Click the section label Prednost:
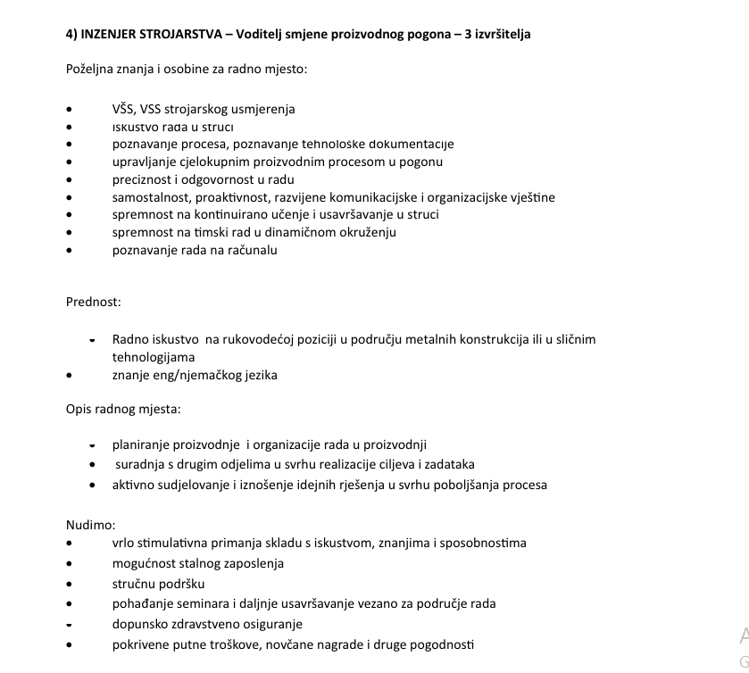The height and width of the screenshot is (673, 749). pyautogui.click(x=93, y=302)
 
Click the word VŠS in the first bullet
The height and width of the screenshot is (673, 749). pyautogui.click(x=124, y=109)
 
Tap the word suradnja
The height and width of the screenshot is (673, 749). pyautogui.click(x=140, y=464)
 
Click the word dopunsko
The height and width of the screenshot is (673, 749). pyautogui.click(x=139, y=624)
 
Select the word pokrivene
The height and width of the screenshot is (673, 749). pyautogui.click(x=141, y=644)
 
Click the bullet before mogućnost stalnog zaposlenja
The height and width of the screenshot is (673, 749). pyautogui.click(x=70, y=564)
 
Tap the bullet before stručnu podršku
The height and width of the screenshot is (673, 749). pyautogui.click(x=70, y=585)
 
